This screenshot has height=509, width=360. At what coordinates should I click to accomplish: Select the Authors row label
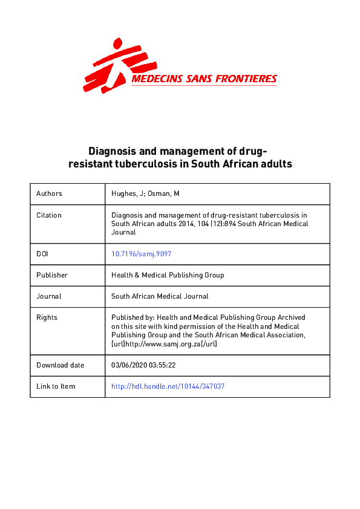(x=49, y=194)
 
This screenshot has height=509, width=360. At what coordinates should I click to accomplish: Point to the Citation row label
(x=49, y=215)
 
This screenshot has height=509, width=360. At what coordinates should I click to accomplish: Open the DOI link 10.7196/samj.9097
(x=137, y=254)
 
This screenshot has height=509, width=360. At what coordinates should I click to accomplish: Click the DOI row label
(x=42, y=254)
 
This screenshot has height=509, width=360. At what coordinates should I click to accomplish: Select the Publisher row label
(x=52, y=275)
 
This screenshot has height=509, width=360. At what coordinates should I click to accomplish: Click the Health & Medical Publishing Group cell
(x=168, y=275)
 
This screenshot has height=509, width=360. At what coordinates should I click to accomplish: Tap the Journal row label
(x=49, y=296)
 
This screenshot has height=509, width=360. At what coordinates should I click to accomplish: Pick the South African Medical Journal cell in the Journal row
(x=160, y=296)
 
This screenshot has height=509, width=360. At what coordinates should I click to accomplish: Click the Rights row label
(x=47, y=317)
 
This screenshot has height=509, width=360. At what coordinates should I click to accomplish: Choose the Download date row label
(x=61, y=365)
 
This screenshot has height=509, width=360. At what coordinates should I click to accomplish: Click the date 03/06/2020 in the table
(x=129, y=365)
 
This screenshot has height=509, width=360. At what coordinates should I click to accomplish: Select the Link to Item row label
(x=56, y=386)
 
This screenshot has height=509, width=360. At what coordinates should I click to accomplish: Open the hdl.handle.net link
(x=168, y=386)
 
